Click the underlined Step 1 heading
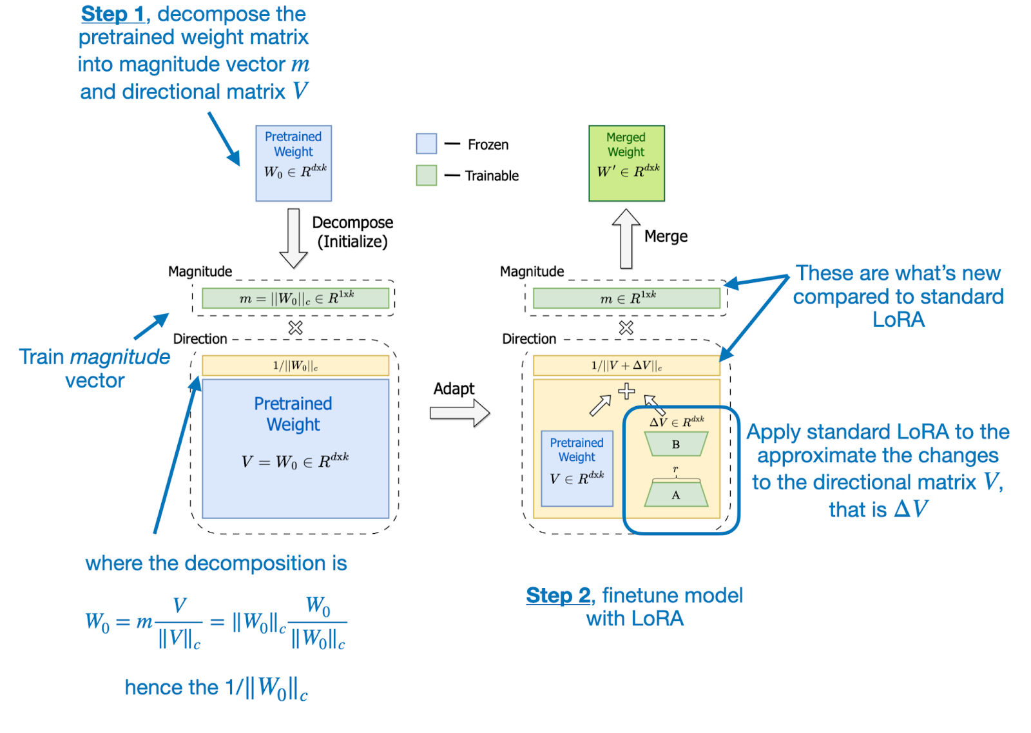(112, 14)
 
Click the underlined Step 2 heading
(558, 595)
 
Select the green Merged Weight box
(626, 163)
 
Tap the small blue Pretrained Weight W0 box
(294, 163)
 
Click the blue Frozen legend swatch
(427, 144)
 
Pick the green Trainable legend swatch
(427, 175)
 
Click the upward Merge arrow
(626, 239)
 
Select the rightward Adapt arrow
(459, 413)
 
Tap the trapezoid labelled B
(676, 444)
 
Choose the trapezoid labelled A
(676, 494)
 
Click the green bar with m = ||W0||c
(296, 298)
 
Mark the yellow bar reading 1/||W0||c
(296, 366)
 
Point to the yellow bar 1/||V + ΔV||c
(626, 366)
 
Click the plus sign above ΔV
(626, 391)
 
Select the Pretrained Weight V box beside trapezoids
(577, 468)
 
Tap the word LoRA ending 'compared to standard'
(898, 320)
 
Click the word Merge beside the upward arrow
(666, 237)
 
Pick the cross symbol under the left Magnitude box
(296, 328)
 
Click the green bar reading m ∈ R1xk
(626, 298)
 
